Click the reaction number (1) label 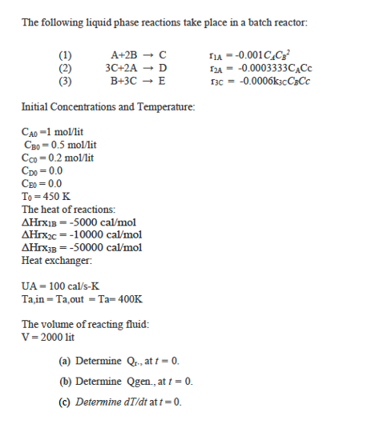pos(67,55)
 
